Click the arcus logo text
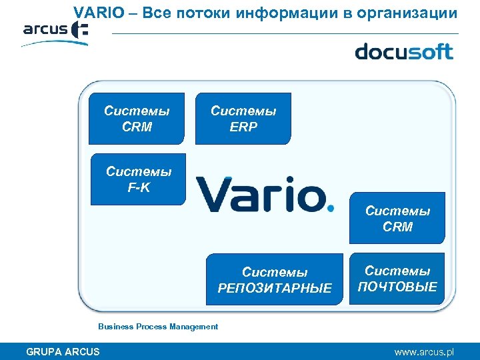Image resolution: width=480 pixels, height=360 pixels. tap(45, 29)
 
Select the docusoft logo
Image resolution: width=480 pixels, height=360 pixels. tap(403, 51)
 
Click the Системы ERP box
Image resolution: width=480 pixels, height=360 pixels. tap(243, 119)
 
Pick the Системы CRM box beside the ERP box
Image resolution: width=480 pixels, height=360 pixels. tap(137, 119)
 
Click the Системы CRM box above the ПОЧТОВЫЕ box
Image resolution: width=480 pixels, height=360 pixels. tap(397, 219)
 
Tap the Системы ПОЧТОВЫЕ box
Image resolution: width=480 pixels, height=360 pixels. tap(397, 279)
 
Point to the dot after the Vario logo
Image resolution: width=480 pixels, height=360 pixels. tap(331, 207)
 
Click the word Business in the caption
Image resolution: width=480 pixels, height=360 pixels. tap(115, 327)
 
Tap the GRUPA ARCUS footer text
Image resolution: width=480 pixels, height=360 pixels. tap(63, 351)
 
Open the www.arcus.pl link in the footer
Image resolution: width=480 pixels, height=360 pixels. tap(423, 351)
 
